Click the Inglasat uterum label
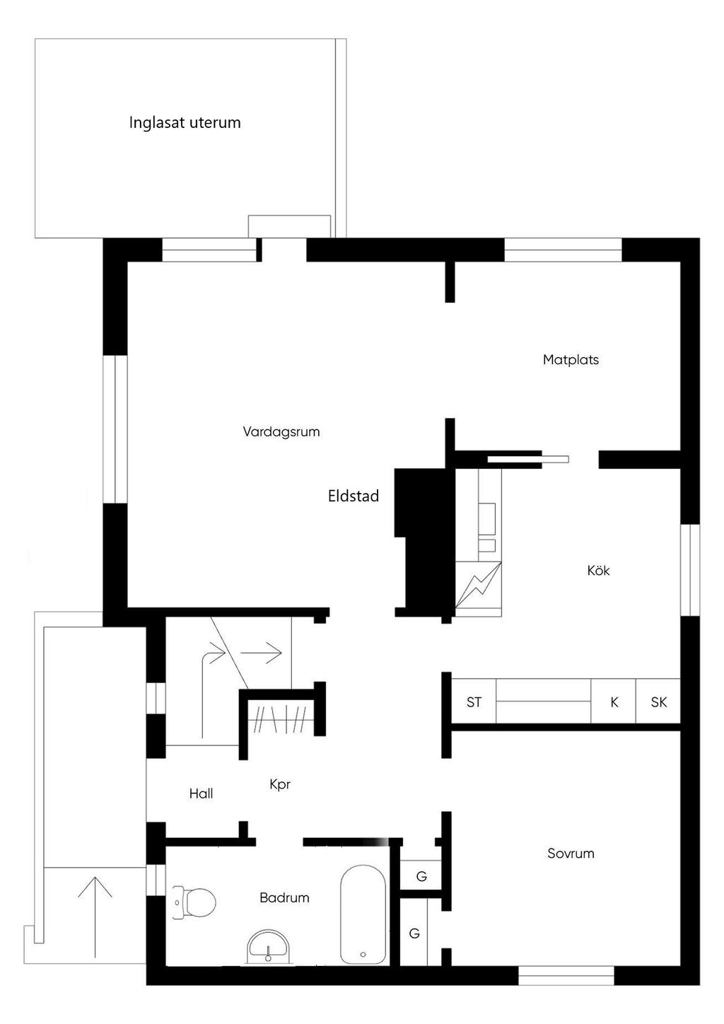(x=185, y=122)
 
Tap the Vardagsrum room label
(x=281, y=431)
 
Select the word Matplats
(x=571, y=359)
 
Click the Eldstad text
(x=353, y=496)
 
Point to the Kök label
(x=598, y=570)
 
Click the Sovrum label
(x=571, y=853)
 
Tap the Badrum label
(x=284, y=897)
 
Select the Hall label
(x=201, y=793)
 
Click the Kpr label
(x=280, y=784)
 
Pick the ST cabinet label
(x=474, y=702)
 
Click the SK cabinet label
(x=658, y=702)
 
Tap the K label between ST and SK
(x=614, y=702)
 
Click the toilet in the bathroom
(x=195, y=903)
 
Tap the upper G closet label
(x=421, y=876)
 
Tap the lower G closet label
(x=414, y=933)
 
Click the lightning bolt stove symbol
(x=479, y=584)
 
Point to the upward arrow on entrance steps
(x=95, y=912)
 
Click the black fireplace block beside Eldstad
(x=422, y=541)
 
